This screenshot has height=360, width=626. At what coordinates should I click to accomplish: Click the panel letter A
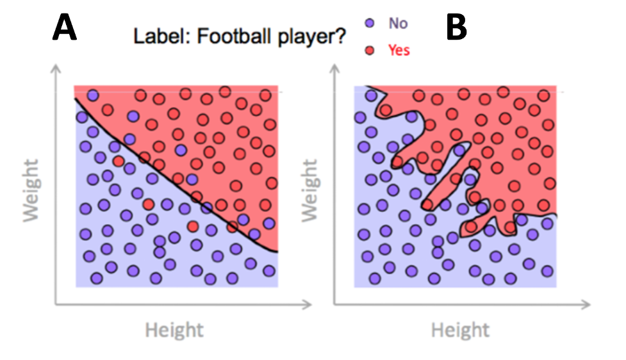coord(64,27)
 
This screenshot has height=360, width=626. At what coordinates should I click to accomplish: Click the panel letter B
coord(456,27)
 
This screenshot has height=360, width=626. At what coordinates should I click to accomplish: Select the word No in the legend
coord(398,24)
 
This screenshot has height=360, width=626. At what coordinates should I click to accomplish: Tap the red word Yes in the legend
coord(399,51)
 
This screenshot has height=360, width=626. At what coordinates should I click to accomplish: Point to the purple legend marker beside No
coord(370,23)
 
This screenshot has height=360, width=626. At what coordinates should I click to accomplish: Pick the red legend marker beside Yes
coord(370,51)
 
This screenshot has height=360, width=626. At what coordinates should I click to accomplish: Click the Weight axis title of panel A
coord(31,190)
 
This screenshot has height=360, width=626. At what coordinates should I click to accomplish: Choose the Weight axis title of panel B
coord(310,190)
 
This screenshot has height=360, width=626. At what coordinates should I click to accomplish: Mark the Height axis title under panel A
coord(174,331)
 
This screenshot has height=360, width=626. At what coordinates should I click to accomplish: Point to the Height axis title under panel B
coord(460,331)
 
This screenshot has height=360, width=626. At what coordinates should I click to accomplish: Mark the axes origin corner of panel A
coord(56,304)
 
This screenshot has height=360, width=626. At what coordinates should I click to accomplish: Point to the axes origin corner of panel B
coord(334,304)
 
